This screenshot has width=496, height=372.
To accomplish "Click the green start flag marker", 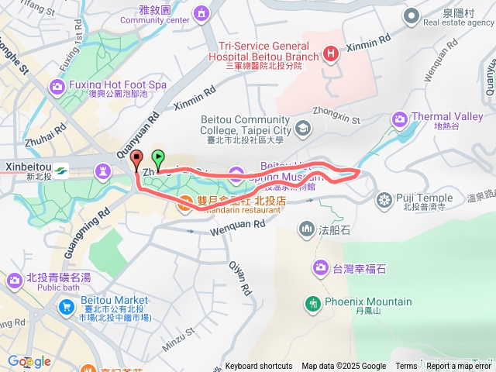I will point(158,159).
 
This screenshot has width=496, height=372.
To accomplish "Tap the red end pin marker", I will point(138,160).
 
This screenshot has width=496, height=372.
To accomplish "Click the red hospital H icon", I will point(332,53).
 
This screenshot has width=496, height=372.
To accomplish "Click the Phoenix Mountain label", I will point(368,302).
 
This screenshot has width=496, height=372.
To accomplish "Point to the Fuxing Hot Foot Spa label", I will point(118,84).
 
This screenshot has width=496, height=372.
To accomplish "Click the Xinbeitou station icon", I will point(60,170).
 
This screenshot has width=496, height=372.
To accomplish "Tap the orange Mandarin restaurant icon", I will point(185,204).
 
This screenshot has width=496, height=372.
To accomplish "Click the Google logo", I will point(29,362).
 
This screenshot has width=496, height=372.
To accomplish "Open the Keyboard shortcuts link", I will point(259,367).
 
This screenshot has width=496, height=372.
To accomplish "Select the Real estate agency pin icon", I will point(411,15).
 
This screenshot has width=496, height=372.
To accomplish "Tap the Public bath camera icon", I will point(15,279).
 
